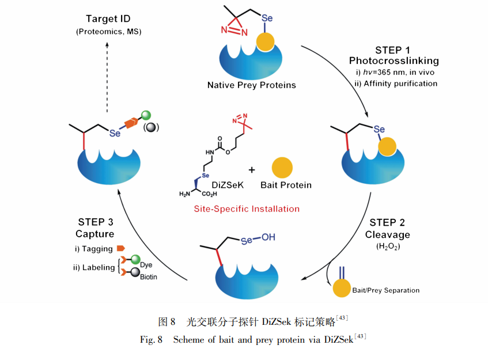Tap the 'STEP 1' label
(x=394, y=50)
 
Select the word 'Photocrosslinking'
(x=394, y=60)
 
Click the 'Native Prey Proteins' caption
(x=251, y=85)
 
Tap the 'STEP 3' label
(x=94, y=222)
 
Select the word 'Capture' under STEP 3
(x=94, y=234)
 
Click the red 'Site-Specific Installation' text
(x=246, y=209)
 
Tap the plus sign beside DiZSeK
(x=252, y=170)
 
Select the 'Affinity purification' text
(x=400, y=84)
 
